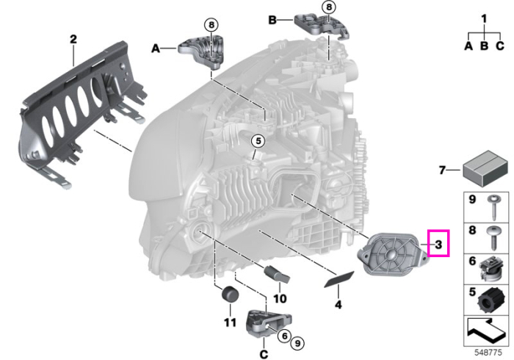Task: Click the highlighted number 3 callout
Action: point(438,243)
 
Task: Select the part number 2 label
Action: point(73,40)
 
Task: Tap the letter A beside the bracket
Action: point(156,48)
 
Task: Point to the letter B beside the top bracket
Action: point(272,20)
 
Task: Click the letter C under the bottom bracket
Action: point(264,354)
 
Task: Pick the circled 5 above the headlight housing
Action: point(258,141)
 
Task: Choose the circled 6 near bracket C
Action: point(284,336)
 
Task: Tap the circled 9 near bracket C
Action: point(297,343)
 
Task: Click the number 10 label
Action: point(280,299)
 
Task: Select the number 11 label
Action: point(230,323)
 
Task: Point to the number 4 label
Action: point(339,305)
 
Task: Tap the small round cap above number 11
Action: point(230,293)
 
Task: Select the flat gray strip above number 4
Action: point(339,278)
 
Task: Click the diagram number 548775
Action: point(488,353)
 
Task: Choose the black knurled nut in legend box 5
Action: point(488,300)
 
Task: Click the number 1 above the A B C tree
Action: point(484,18)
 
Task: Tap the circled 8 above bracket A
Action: point(211,24)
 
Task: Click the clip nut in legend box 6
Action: point(491,269)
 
